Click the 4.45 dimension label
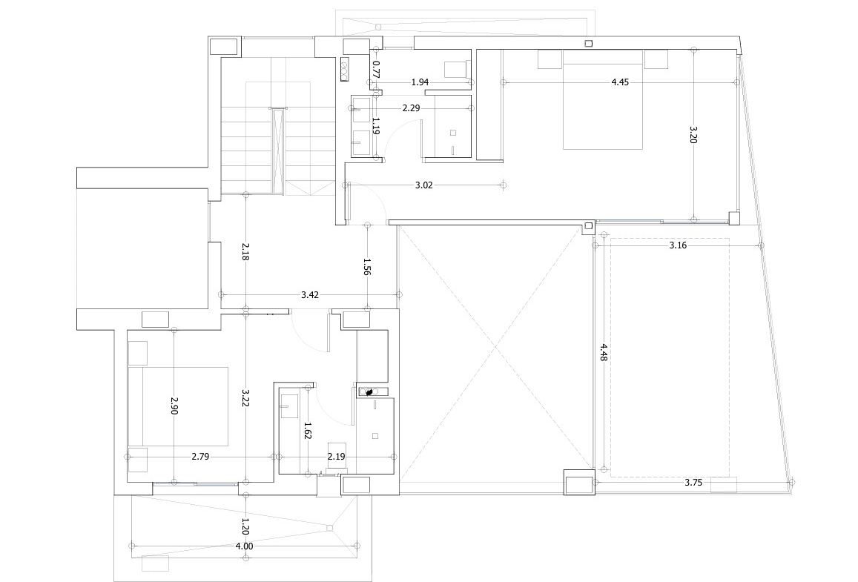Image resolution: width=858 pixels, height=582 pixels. [620, 82]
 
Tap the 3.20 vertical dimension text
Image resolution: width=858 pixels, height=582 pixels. [693, 134]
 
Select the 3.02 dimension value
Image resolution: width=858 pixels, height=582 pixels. [423, 185]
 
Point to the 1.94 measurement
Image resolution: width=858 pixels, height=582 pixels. [420, 82]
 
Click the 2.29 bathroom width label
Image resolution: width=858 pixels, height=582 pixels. [411, 108]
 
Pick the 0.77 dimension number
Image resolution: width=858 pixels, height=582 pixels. [376, 70]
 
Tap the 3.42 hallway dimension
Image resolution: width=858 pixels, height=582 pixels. [310, 295]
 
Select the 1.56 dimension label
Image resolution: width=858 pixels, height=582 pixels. [367, 267]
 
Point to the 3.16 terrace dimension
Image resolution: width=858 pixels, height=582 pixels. [678, 245]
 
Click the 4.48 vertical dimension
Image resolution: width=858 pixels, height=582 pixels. [603, 352]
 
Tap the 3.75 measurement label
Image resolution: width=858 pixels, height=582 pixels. [693, 483]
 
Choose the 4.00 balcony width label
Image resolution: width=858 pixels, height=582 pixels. [244, 546]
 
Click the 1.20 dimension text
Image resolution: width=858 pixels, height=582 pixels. [245, 526]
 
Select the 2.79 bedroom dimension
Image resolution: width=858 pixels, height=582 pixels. [200, 456]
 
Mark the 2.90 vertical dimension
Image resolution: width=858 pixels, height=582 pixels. [174, 406]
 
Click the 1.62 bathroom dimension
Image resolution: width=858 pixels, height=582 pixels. [308, 431]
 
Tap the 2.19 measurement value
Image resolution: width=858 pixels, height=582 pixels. [337, 456]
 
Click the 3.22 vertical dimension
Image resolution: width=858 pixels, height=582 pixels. [245, 398]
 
